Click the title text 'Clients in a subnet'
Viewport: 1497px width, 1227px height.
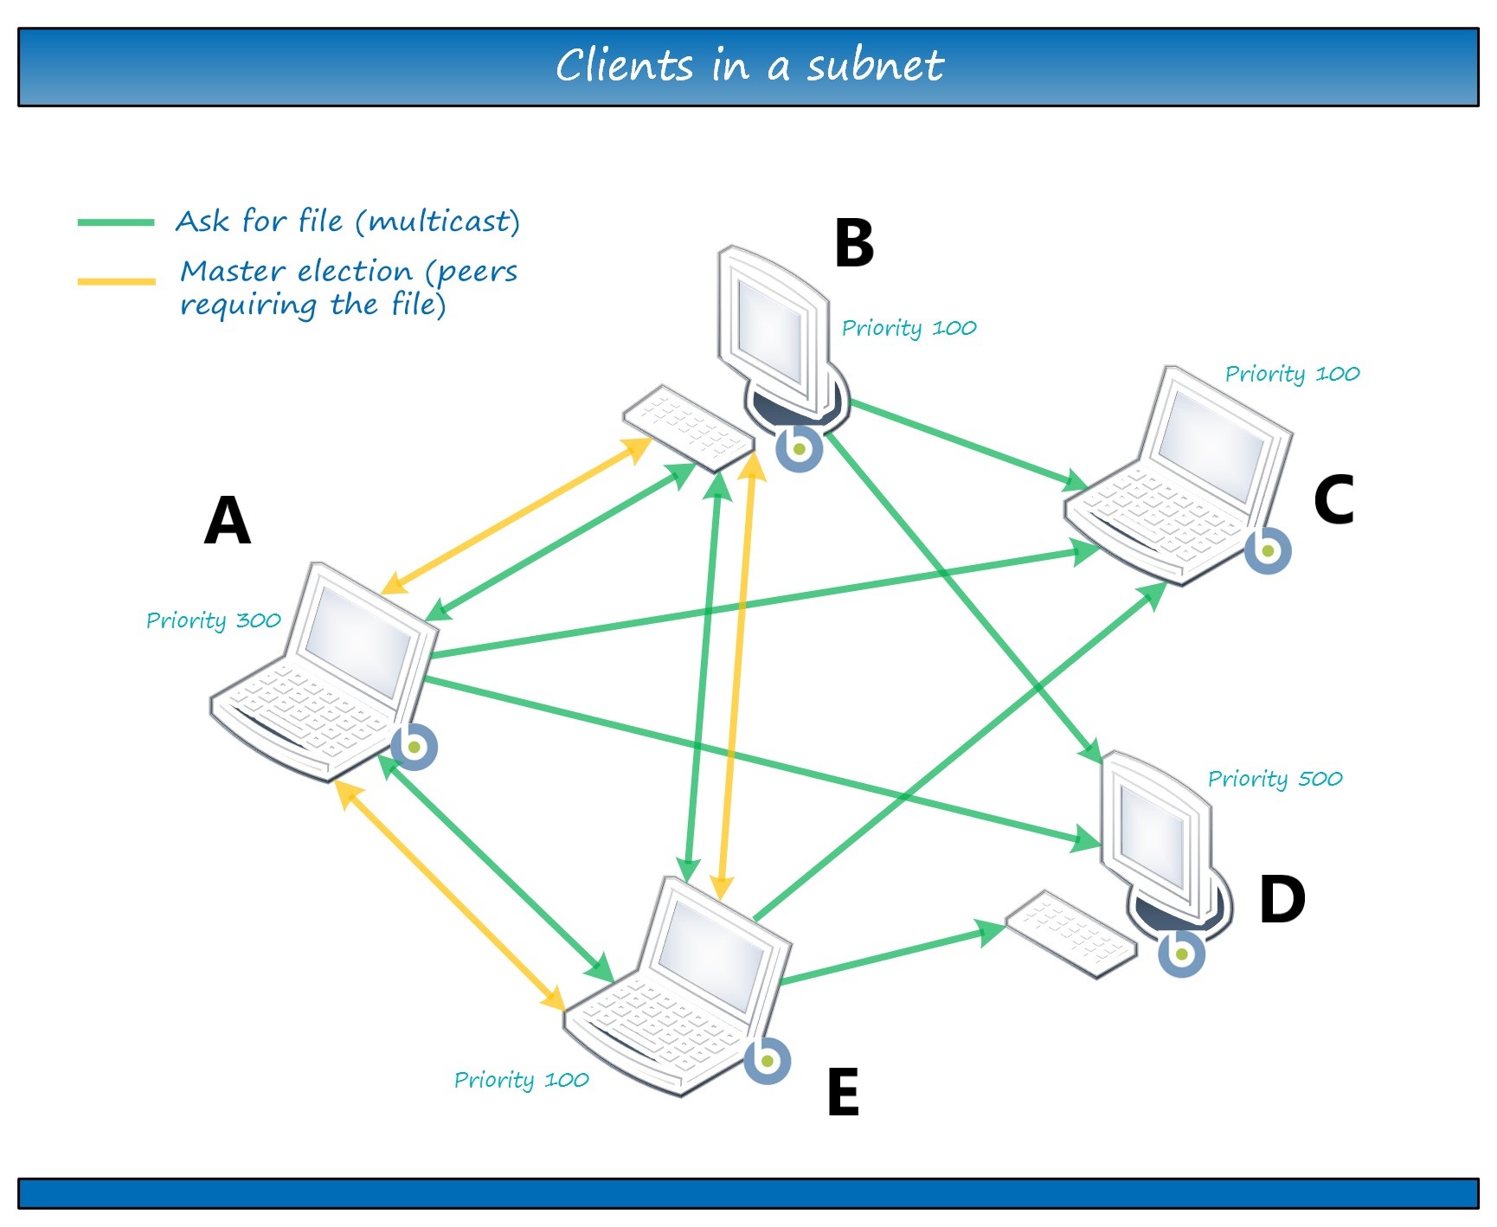point(748,66)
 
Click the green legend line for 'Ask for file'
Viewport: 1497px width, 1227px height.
point(116,222)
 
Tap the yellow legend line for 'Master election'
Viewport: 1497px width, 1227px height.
point(116,281)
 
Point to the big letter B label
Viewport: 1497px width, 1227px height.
point(854,243)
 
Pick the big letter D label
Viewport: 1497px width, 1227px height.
point(1282,899)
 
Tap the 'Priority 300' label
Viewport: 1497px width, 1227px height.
point(213,620)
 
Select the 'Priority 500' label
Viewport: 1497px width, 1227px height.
point(1275,779)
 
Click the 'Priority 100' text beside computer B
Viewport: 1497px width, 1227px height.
point(909,328)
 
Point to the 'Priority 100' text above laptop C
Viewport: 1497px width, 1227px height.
point(1292,374)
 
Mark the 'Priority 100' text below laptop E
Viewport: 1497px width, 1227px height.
point(521,1080)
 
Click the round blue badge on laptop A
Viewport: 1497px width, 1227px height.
point(414,747)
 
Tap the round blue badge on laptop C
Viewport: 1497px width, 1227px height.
point(1268,550)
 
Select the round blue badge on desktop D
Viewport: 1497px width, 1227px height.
point(1181,954)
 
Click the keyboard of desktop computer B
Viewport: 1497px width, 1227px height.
point(689,427)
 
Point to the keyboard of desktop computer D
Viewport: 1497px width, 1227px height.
point(1071,933)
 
